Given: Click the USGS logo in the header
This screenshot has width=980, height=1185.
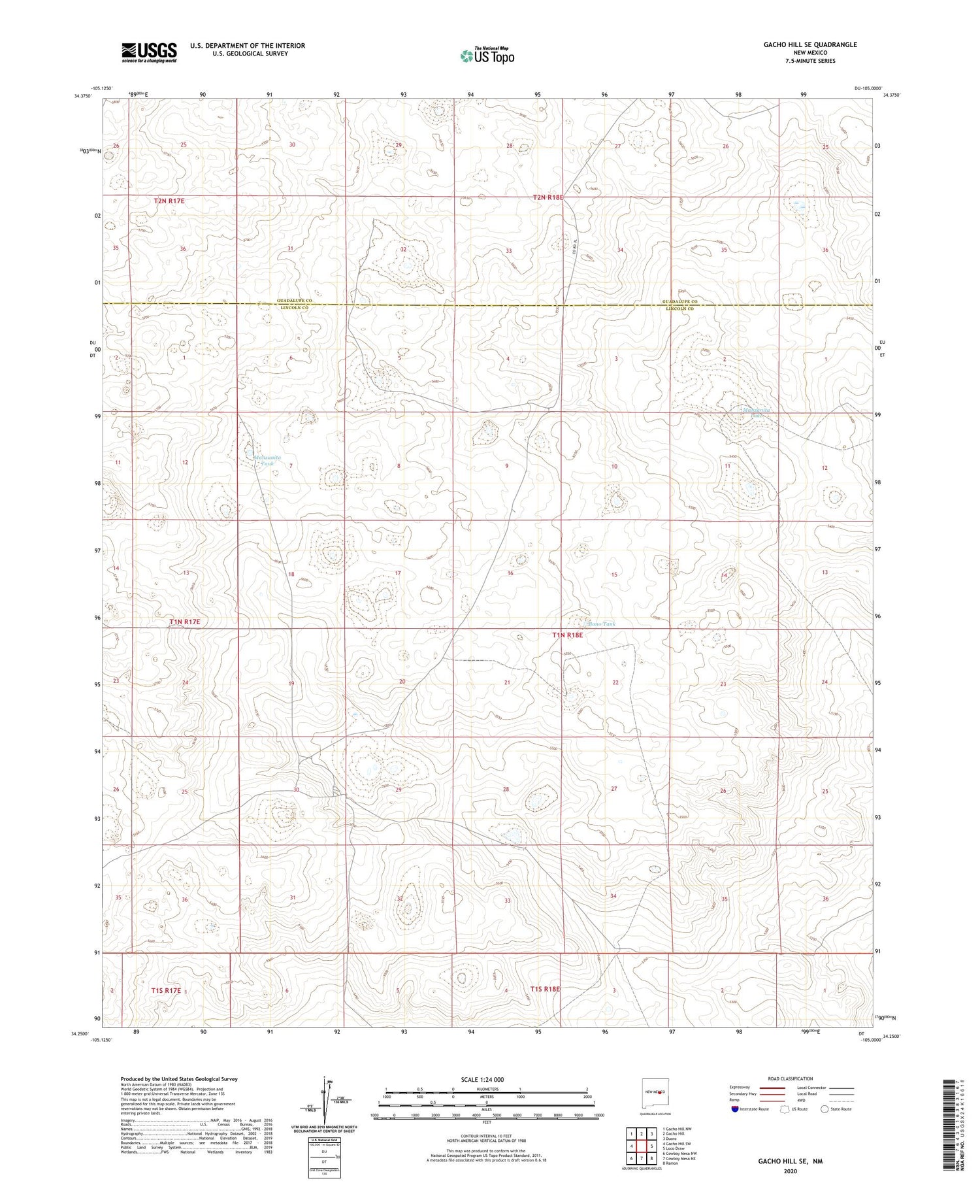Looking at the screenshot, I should click(149, 52).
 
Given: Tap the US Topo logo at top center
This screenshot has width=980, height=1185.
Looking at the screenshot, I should click(487, 56).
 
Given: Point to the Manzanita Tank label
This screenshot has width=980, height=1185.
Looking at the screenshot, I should click(267, 460).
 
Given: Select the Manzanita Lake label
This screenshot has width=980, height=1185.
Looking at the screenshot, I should click(757, 412).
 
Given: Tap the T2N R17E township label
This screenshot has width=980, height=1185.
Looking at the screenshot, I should click(169, 201).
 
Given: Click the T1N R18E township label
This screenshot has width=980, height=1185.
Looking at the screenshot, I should click(567, 635).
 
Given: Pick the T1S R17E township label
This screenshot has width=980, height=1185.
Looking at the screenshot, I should click(166, 991).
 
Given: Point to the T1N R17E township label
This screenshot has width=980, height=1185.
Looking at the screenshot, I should click(184, 622).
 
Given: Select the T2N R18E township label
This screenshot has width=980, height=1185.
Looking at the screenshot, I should click(547, 197).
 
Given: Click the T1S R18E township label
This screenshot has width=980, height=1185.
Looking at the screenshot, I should click(546, 989).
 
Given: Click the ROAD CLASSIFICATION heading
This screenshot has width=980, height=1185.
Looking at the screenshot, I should click(790, 1078).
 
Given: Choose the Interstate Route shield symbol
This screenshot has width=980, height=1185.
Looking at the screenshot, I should click(735, 1109).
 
